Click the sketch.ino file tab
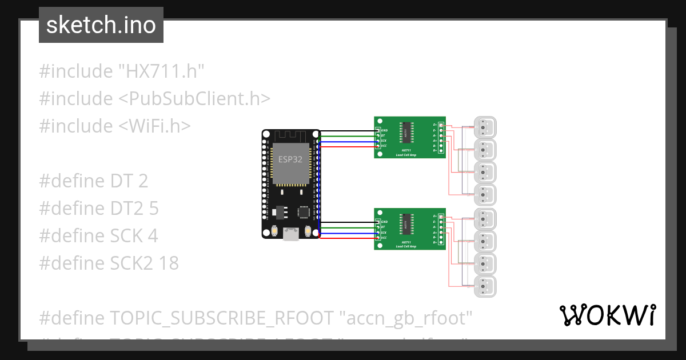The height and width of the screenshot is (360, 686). coord(101,25)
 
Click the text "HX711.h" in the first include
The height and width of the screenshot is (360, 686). coord(161,71)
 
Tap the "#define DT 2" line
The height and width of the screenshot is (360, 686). coord(93,181)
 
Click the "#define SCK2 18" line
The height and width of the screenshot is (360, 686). coord(109,263)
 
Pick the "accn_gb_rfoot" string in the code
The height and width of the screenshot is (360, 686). coord(409,317)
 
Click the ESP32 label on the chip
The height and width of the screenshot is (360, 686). coord(290,159)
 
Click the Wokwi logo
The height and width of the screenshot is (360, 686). coord(607,315)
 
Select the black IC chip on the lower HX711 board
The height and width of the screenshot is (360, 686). coord(406,224)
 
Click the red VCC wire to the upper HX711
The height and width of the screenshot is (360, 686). coord(349,146)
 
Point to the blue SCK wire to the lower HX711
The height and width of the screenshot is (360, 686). coord(349,233)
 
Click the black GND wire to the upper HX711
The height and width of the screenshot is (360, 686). coord(349,130)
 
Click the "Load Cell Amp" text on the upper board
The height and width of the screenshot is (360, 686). coord(409,155)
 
